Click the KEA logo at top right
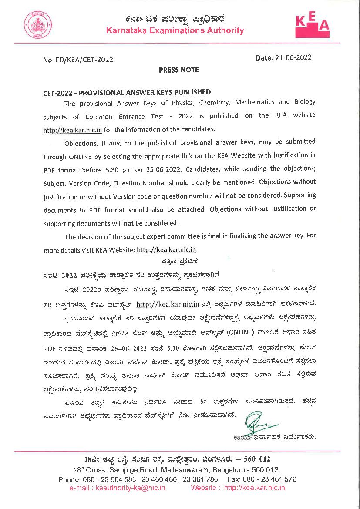click(x=312, y=26)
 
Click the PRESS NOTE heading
click(x=178, y=70)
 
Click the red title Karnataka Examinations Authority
click(x=175, y=30)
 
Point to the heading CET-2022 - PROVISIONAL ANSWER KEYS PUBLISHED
click(x=127, y=92)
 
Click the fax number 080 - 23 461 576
click(x=269, y=479)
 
